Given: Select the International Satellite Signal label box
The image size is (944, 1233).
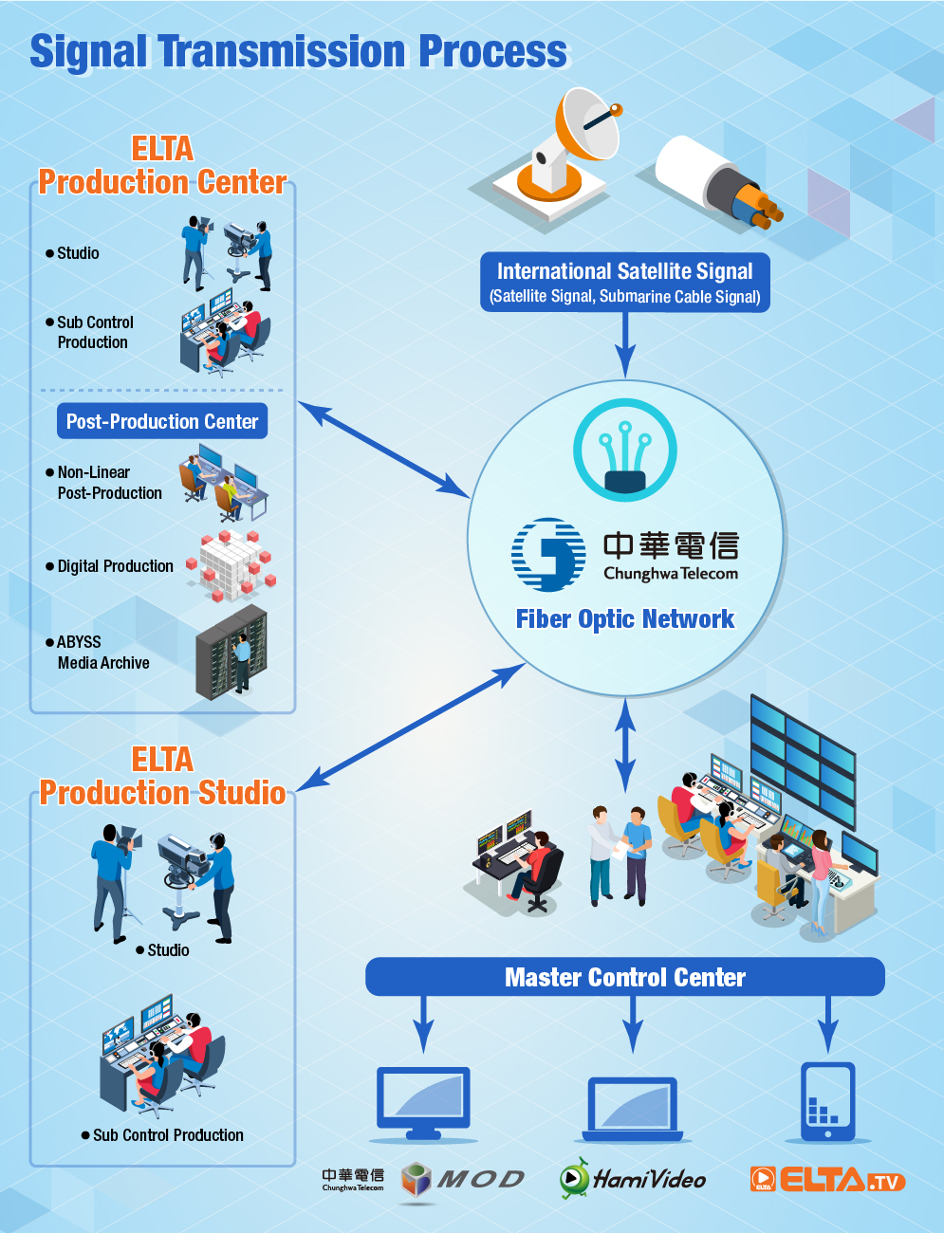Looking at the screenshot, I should pyautogui.click(x=624, y=282).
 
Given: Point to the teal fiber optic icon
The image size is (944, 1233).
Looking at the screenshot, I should pyautogui.click(x=624, y=451).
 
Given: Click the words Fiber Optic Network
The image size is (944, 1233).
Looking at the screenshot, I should pyautogui.click(x=624, y=619).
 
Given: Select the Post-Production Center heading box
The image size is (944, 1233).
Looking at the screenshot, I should pyautogui.click(x=162, y=421).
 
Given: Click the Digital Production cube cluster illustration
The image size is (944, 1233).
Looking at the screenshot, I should pyautogui.click(x=231, y=565).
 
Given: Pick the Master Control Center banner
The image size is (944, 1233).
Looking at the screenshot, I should pyautogui.click(x=624, y=977).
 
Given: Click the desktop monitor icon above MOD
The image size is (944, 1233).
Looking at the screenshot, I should pyautogui.click(x=423, y=1104).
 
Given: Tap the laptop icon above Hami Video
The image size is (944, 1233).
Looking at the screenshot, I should pyautogui.click(x=632, y=1109).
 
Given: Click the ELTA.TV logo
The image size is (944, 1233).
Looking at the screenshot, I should pyautogui.click(x=827, y=1179).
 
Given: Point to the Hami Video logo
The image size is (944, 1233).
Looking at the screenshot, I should pyautogui.click(x=632, y=1179).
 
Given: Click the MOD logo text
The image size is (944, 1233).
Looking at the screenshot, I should pyautogui.click(x=480, y=1179).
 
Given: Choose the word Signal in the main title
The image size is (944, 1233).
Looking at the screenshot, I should pyautogui.click(x=88, y=52).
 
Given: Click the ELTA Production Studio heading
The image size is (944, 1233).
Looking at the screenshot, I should pyautogui.click(x=162, y=776).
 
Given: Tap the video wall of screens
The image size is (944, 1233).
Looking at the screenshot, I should pyautogui.click(x=803, y=759).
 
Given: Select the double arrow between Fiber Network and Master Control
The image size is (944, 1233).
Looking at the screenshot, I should pyautogui.click(x=624, y=745).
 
